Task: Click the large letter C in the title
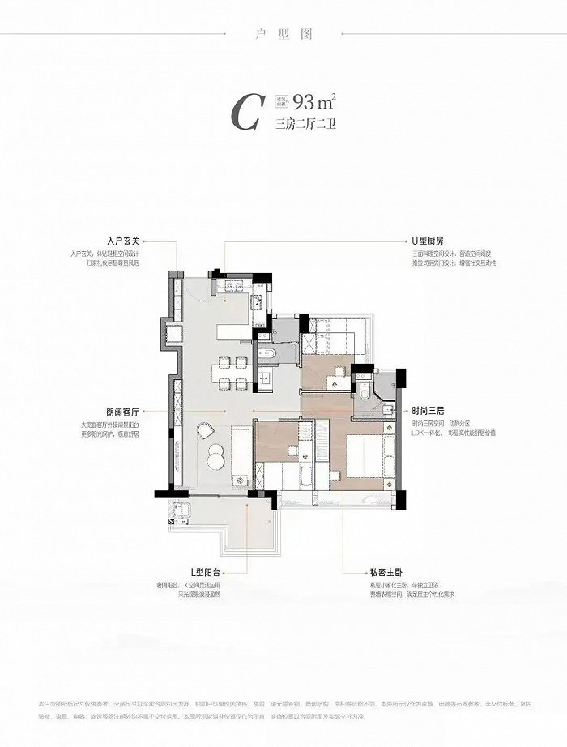coord(243,113)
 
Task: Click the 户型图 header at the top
coord(283,34)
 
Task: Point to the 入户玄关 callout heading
coord(124,241)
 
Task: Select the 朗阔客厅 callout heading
coord(123,411)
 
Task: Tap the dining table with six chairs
coord(228,373)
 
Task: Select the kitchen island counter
coord(229,324)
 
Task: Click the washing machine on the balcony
coord(181,510)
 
